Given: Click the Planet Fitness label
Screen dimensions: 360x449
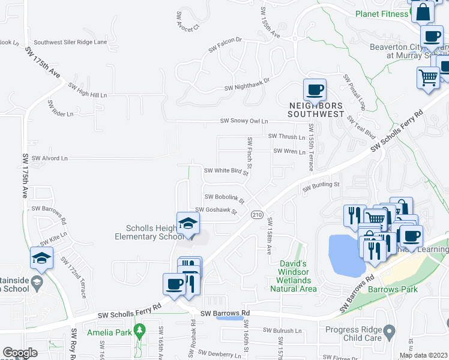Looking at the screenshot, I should coord(381,14).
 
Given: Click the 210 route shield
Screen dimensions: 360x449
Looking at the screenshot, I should coord(257,215).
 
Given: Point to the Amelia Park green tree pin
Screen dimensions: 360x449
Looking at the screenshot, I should coord(140,329).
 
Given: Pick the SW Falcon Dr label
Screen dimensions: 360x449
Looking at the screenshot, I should coord(224,40).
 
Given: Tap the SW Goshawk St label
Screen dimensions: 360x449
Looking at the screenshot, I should coord(214,211).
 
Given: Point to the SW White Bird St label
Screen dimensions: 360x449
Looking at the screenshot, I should coord(226,170).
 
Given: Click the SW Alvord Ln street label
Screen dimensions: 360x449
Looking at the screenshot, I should coord(50,158).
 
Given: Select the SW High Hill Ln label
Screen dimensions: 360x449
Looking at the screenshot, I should coord(88,94).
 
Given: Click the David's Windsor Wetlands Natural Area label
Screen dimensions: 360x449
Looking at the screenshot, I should coord(294,276).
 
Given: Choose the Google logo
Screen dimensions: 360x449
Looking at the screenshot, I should coord(20,353).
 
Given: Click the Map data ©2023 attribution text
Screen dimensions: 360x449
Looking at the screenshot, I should coord(423,355).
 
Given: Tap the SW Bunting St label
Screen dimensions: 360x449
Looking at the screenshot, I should coord(321,187).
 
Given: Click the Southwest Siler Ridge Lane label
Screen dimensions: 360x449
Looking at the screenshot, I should coord(70,42).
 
